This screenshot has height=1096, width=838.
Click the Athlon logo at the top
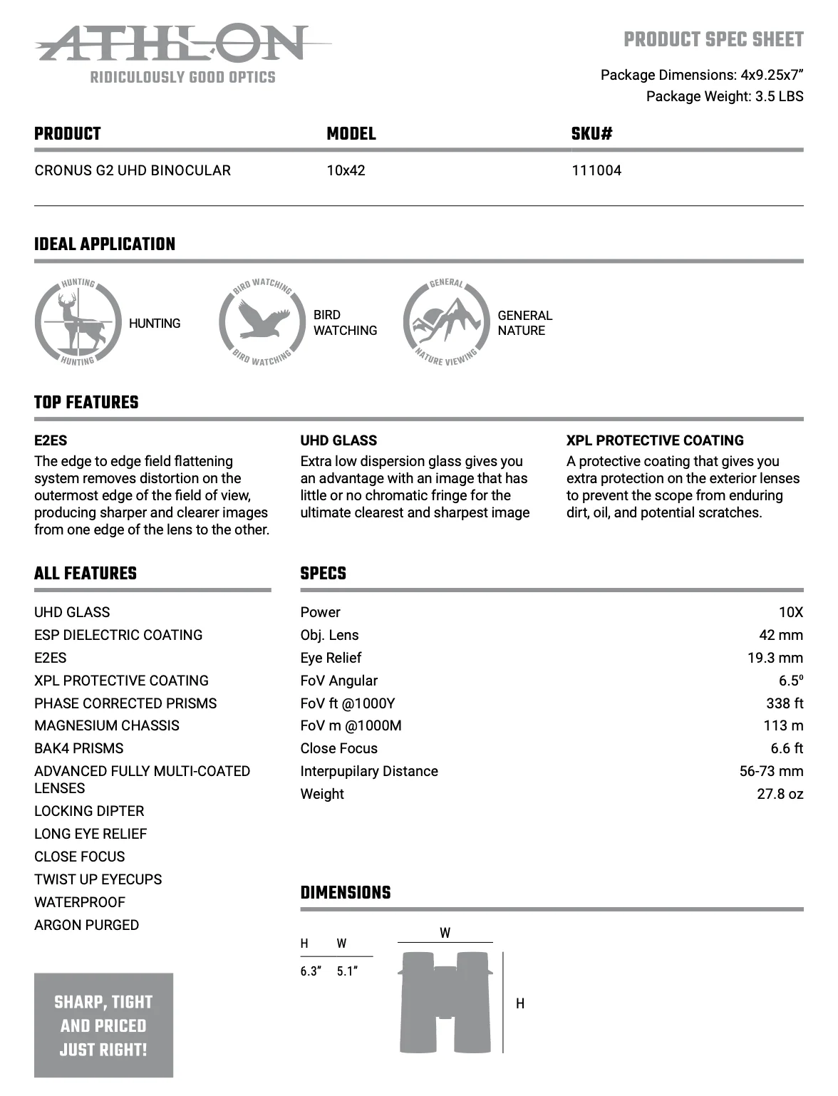pyautogui.click(x=171, y=44)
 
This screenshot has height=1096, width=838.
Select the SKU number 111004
pyautogui.click(x=596, y=170)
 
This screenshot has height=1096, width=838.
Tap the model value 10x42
pyautogui.click(x=346, y=170)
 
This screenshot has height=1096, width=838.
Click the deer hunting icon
pyautogui.click(x=78, y=323)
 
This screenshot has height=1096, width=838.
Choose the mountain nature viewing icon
pyautogui.click(x=447, y=323)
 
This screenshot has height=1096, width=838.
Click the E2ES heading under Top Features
pyautogui.click(x=51, y=440)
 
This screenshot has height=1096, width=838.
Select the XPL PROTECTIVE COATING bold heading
pyautogui.click(x=655, y=440)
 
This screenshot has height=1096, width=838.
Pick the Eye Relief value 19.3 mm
pyautogui.click(x=775, y=658)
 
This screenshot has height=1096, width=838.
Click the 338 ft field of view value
pyautogui.click(x=784, y=703)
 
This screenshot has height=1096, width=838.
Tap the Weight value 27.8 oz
pyautogui.click(x=780, y=794)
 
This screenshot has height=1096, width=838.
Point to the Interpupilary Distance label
pyautogui.click(x=369, y=771)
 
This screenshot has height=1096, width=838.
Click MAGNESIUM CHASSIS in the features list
pyautogui.click(x=107, y=725)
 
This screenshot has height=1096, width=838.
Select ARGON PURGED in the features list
pyautogui.click(x=86, y=925)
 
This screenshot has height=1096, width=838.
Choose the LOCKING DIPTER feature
pyautogui.click(x=89, y=811)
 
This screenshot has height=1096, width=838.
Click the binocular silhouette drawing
pyautogui.click(x=445, y=1002)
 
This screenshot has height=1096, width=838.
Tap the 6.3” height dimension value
pyautogui.click(x=311, y=971)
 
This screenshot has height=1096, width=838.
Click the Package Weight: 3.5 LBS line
pyautogui.click(x=724, y=96)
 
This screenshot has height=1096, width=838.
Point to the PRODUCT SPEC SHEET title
pyautogui.click(x=713, y=40)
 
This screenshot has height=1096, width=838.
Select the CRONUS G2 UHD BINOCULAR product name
pyautogui.click(x=133, y=170)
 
